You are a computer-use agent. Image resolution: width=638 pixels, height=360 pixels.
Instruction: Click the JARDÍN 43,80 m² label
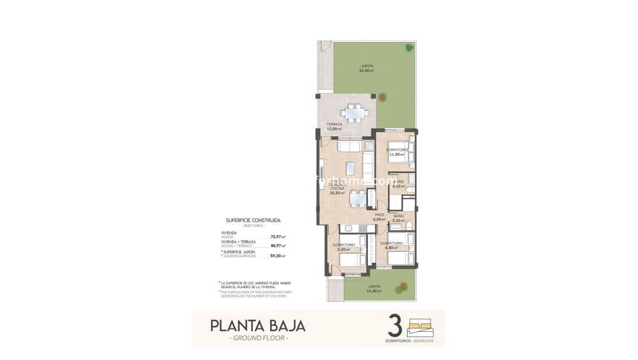coord(367,68)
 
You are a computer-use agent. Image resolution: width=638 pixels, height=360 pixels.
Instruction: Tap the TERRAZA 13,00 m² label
coord(335,127)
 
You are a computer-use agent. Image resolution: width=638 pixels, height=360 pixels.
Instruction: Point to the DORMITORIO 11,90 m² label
coord(397,152)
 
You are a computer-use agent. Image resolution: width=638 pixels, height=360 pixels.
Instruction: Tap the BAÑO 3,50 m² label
coord(399,218)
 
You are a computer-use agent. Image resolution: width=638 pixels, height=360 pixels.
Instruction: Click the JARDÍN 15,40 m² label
coord(374,289)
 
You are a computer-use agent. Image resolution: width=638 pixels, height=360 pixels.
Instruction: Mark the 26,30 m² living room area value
coord(337,193)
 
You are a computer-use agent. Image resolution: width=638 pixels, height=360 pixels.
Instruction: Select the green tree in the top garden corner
coord(409,48)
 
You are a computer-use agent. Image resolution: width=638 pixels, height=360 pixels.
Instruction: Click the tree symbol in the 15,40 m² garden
coord(404,288)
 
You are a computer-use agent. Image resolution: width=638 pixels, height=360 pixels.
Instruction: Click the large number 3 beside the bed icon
coord(394,326)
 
